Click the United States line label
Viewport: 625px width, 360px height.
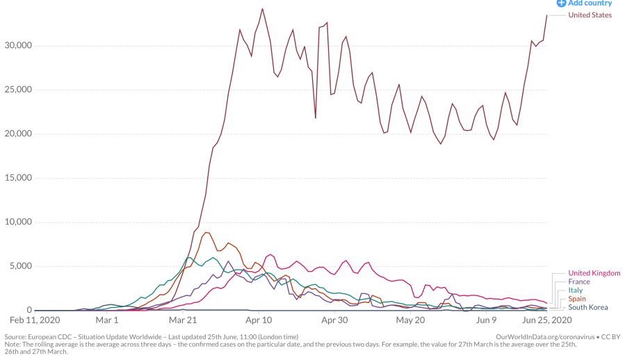590,15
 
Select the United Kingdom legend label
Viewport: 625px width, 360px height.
594,273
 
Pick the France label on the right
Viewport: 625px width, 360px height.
579,281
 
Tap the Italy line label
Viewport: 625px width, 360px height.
576,291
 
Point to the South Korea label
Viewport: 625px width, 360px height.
588,307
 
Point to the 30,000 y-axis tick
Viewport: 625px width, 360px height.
15,45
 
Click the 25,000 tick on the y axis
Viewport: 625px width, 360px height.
15,90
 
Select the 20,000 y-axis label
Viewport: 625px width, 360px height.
15,133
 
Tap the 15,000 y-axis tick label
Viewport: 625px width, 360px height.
15,178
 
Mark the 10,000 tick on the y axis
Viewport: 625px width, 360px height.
15,222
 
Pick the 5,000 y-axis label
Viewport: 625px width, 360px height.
18,266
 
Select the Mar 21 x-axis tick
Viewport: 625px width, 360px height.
183,320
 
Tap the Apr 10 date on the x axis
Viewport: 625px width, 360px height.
259,320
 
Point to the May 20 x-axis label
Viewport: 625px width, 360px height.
410,320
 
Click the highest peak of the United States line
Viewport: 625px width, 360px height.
262,9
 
